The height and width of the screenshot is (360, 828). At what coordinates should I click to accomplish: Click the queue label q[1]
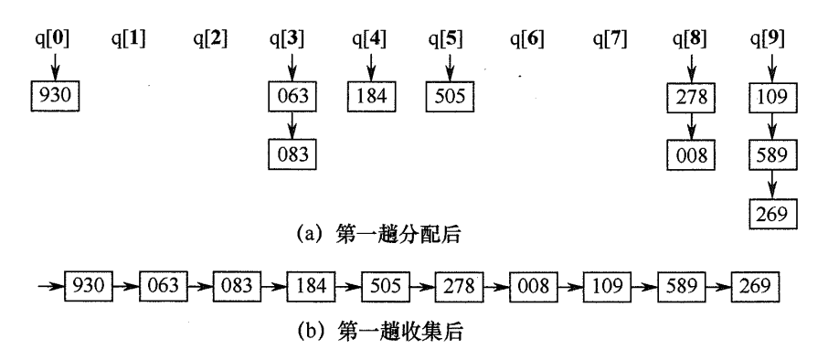130,39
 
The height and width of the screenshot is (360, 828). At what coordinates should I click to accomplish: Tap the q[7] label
610,39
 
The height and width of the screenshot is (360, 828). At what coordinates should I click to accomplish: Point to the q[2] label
210,39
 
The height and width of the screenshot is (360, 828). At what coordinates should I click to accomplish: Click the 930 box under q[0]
50,95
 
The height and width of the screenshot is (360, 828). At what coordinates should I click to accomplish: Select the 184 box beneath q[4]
370,95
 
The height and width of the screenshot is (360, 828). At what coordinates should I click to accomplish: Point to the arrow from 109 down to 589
770,123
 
